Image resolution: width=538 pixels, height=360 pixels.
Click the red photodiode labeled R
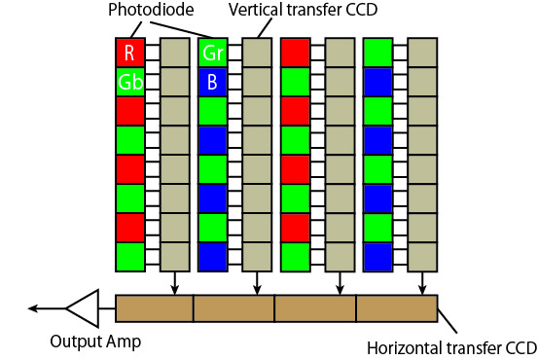point(129,53)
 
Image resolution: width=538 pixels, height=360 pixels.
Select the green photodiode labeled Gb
point(129,82)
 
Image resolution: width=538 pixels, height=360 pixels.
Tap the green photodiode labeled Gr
point(212,53)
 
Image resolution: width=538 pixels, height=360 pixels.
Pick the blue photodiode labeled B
point(212,82)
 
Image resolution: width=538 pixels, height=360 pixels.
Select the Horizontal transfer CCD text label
point(450,347)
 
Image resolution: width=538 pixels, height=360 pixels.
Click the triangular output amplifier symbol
point(84,308)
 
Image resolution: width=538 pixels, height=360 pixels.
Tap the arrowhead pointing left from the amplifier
point(33,308)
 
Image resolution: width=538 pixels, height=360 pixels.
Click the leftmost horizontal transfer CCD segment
point(155,307)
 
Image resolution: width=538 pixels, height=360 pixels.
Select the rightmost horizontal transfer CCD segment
point(397,307)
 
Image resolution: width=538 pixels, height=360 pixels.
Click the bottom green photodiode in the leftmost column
point(129,257)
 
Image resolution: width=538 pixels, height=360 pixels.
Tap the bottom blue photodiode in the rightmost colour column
point(377,257)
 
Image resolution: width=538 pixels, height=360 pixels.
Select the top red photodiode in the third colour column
point(295,53)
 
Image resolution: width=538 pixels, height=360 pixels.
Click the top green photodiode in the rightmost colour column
point(377,53)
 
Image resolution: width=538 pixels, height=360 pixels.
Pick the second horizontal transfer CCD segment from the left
point(234,307)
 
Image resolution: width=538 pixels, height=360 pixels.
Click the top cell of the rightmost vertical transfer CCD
point(421,53)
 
